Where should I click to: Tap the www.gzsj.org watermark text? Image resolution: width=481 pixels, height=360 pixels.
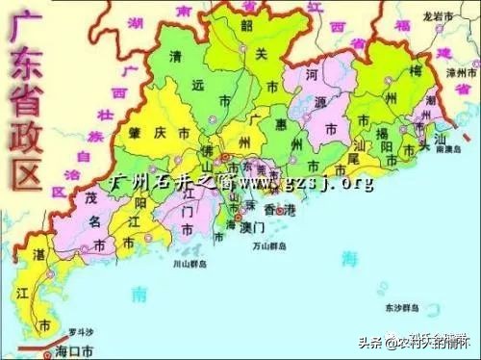[x=307, y=181]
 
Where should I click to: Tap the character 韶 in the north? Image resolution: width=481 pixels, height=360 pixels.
[x=253, y=27]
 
